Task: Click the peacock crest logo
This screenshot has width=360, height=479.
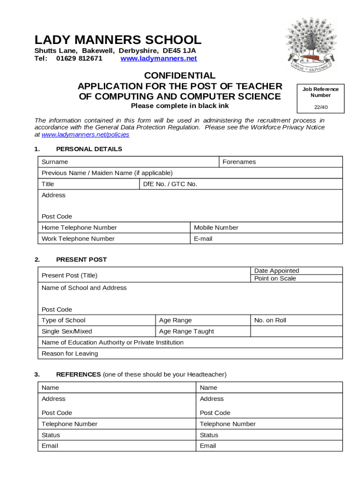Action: point(311,45)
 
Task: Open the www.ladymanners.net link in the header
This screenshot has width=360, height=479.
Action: point(158,58)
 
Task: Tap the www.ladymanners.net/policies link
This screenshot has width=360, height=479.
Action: point(85,135)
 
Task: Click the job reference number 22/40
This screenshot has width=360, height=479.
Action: point(320,107)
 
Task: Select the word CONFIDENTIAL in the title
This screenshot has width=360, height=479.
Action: point(180,76)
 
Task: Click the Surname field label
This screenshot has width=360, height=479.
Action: point(55,162)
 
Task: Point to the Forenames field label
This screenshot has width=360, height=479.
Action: point(239,162)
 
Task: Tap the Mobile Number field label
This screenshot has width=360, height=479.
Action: point(216,228)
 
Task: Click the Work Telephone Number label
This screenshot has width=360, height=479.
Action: point(78,239)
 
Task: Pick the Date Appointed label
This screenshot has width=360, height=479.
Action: point(276,271)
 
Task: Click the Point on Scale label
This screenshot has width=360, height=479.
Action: point(275,279)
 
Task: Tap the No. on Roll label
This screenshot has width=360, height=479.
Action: point(270,320)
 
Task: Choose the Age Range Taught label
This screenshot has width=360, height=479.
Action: point(186,332)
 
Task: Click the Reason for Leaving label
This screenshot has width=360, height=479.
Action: point(70,354)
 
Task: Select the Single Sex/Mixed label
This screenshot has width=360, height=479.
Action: point(67,332)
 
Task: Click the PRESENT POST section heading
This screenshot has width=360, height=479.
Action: point(81,260)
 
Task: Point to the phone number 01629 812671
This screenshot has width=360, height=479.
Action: point(79,58)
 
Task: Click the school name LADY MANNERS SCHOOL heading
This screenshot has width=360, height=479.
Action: point(118,40)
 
